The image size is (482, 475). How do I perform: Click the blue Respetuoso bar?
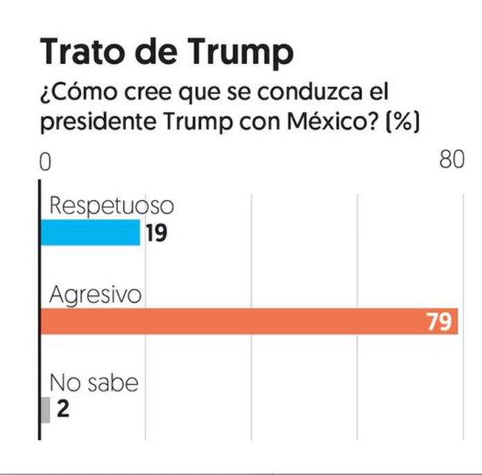point(91,233)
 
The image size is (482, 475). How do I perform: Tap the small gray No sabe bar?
point(46,410)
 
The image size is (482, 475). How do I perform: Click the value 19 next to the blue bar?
point(156,234)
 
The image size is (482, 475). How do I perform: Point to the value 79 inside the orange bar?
point(438,322)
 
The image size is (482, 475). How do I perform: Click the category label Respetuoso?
point(111,206)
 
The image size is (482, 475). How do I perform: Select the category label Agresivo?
point(95,294)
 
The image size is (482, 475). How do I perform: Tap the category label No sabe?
point(93,382)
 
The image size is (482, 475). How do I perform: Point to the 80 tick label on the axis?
point(452,160)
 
